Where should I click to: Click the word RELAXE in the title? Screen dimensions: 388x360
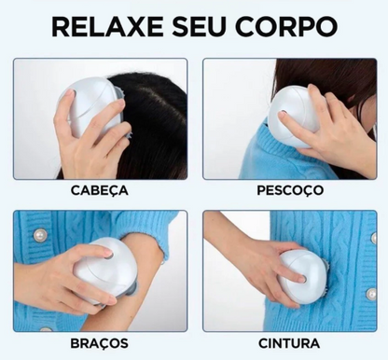(107, 27)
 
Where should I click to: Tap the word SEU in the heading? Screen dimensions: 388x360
(198, 27)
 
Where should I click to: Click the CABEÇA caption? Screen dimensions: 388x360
(100, 190)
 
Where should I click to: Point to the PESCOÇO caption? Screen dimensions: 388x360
(290, 190)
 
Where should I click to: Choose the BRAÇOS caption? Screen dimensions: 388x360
(99, 343)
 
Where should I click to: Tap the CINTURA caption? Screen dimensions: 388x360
(289, 343)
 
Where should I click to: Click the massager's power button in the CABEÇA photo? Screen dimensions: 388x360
(72, 93)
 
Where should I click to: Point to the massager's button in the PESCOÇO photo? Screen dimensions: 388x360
(283, 113)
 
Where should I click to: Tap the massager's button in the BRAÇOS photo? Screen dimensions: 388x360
(109, 255)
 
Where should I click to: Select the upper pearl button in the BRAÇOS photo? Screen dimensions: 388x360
(40, 236)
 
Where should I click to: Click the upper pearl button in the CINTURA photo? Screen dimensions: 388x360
(374, 238)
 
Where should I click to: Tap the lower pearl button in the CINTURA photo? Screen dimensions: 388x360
(371, 294)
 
